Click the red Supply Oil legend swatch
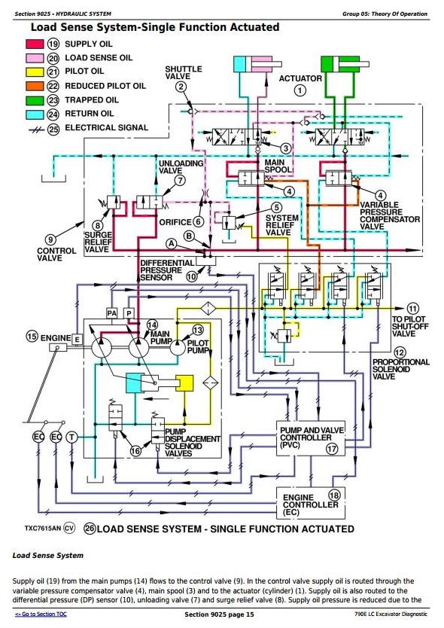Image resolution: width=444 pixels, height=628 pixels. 35,44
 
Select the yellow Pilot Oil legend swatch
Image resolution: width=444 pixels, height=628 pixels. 35,72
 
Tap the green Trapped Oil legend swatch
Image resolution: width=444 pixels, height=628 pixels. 35,100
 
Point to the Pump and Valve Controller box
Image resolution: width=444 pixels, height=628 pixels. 311,438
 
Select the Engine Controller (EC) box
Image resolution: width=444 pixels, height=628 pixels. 311,503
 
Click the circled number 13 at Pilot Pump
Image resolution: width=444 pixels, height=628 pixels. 198,330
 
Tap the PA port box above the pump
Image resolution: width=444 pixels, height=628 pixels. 111,313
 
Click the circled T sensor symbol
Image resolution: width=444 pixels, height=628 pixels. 71,437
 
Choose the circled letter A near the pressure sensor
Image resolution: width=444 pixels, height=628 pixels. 172,243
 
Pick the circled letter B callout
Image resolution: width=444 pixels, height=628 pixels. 190,236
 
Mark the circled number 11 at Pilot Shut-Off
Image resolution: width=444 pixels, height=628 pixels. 413,309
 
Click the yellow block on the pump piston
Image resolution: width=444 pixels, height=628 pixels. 184,383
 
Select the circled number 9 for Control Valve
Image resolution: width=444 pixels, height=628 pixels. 51,240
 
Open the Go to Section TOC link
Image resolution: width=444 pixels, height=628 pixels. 41,614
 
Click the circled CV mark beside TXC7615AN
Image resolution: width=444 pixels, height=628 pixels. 69,529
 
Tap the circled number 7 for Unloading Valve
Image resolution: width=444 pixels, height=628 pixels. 181,181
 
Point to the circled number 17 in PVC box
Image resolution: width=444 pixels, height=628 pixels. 332,449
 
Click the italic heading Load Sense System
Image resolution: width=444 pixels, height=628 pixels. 48,556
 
